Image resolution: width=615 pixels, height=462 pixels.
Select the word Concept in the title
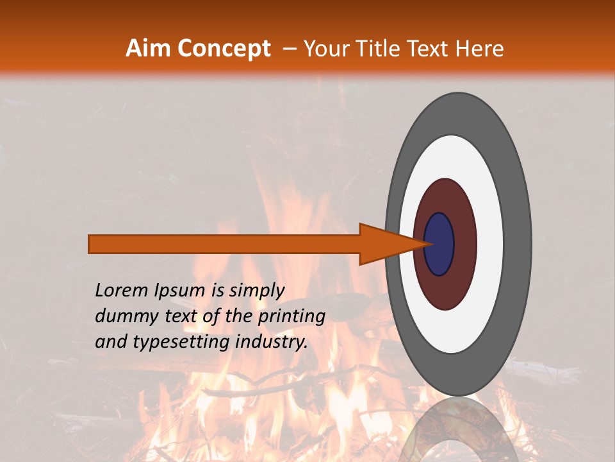(x=224, y=49)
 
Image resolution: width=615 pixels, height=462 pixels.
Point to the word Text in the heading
(x=429, y=49)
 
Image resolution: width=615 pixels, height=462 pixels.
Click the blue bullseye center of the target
(x=439, y=244)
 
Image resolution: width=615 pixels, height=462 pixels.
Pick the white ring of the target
(x=489, y=244)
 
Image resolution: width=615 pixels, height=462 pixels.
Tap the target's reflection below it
(x=459, y=430)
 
